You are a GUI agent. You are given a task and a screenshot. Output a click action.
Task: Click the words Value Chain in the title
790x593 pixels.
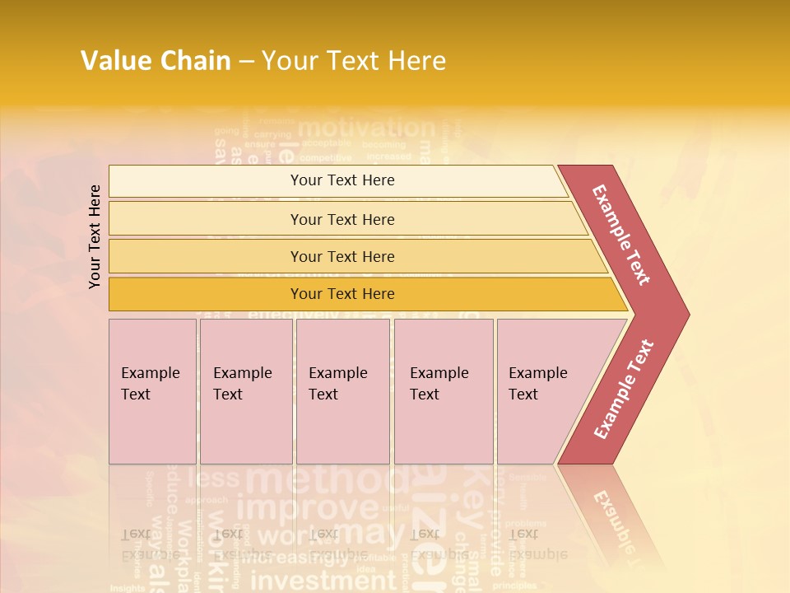click(156, 61)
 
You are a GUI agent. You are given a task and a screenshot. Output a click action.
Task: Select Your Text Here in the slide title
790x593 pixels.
click(354, 61)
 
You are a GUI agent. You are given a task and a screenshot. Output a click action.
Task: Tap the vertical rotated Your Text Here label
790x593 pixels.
click(95, 236)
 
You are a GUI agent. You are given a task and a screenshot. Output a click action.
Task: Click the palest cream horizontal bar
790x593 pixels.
click(342, 180)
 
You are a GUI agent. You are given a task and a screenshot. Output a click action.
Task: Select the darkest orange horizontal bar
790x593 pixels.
click(342, 294)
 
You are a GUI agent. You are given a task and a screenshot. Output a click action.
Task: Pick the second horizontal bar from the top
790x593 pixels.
click(342, 219)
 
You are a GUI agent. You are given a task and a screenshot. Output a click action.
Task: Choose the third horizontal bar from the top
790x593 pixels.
click(342, 256)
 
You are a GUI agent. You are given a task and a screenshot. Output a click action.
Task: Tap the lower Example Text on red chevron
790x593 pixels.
click(624, 390)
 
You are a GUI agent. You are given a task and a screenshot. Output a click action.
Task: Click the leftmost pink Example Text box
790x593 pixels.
click(152, 391)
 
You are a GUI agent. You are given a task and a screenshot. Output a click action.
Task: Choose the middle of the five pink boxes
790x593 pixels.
click(342, 391)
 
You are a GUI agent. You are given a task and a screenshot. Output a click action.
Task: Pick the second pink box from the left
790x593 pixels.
click(246, 391)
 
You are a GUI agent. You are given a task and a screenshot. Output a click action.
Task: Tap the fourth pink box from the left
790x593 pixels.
click(444, 391)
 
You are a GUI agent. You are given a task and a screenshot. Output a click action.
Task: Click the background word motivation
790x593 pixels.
click(366, 128)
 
